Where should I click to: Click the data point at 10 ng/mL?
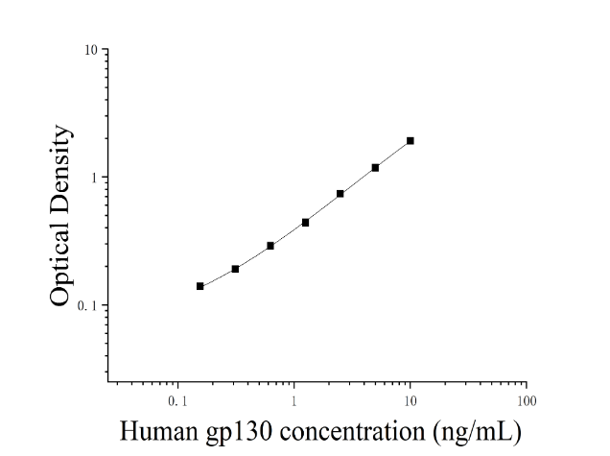(411, 140)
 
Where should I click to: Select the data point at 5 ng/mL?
(375, 168)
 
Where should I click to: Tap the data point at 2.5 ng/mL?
(340, 194)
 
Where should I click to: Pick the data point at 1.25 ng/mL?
(305, 223)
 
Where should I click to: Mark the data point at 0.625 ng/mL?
(270, 246)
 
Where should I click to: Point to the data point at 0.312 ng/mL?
(235, 269)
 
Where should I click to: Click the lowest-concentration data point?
(199, 286)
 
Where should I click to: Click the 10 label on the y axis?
(91, 50)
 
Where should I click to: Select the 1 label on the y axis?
(94, 178)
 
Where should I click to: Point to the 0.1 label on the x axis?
(177, 401)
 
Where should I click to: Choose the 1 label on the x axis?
(293, 401)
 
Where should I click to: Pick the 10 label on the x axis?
(411, 401)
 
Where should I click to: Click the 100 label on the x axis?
(527, 401)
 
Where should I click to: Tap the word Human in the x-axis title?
(158, 431)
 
